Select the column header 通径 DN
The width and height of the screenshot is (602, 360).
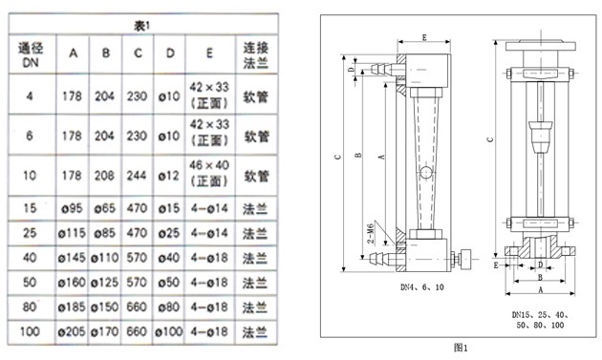[x=30, y=54]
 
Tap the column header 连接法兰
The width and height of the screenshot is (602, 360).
[x=256, y=54]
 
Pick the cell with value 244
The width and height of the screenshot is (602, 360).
[x=138, y=177]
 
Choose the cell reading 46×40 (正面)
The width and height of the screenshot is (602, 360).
[x=209, y=177]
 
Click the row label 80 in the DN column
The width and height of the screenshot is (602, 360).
[x=30, y=309]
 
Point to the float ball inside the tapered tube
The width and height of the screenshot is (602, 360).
[x=423, y=173]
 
